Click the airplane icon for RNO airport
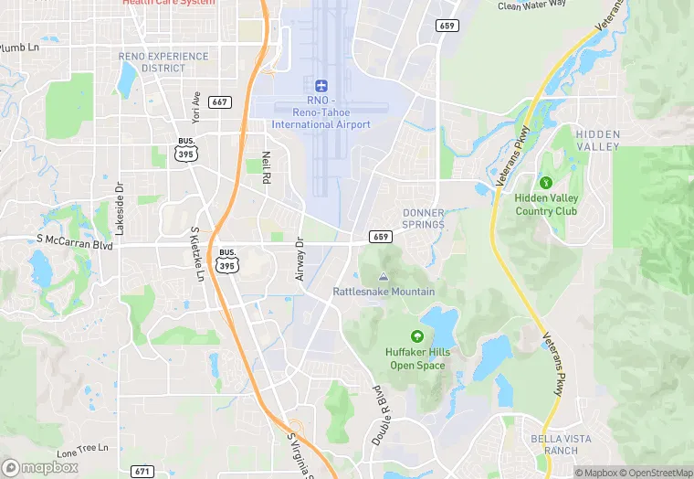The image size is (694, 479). (x=321, y=85)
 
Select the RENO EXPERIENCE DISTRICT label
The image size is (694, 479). (x=163, y=62)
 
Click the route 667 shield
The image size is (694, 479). (x=219, y=101)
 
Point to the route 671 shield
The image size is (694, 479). (x=142, y=471)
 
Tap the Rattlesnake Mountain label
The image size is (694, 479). (x=384, y=292)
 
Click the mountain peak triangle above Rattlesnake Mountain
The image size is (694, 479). (x=383, y=276)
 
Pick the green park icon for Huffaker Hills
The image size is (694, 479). (x=417, y=336)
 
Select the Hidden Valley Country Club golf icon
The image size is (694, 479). (x=547, y=181)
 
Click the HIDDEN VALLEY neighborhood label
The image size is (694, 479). (x=598, y=140)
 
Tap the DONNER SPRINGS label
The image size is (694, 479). (x=424, y=218)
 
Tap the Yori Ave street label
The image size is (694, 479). (x=196, y=106)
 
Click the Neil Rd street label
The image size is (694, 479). (x=267, y=167)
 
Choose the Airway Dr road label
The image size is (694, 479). (x=300, y=258)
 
